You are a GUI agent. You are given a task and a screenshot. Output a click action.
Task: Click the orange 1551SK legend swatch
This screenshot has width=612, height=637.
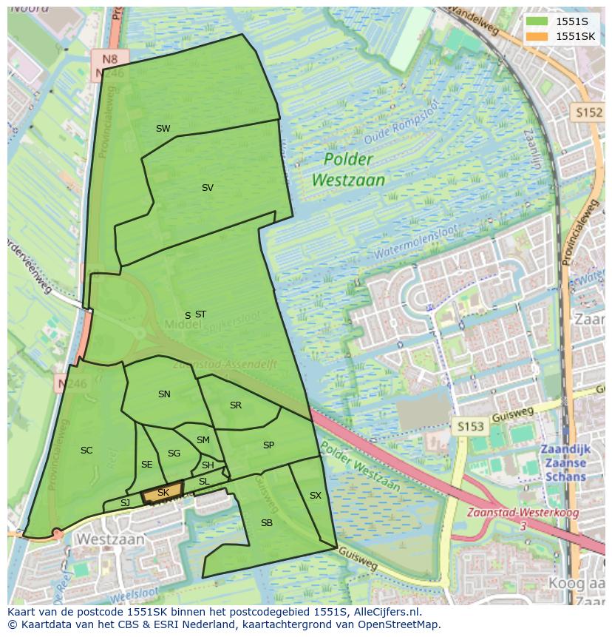[537, 36]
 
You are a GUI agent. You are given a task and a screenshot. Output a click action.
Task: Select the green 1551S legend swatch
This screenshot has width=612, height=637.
[537, 21]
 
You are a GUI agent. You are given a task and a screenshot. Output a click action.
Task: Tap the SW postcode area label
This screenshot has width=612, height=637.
[163, 129]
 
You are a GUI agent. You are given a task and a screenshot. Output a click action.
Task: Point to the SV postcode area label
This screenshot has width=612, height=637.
[208, 188]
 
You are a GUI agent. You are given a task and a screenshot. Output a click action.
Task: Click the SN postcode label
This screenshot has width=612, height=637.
[164, 394]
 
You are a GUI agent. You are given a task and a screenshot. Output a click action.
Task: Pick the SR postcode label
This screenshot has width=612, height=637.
[236, 405]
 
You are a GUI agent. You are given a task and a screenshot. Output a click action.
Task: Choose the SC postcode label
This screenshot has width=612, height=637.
[86, 451]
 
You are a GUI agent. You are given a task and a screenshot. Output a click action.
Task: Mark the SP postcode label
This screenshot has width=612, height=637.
[268, 445]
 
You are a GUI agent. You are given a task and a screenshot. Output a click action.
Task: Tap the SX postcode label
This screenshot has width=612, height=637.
[316, 496]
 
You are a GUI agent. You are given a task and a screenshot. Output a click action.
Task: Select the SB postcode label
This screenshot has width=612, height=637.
[267, 523]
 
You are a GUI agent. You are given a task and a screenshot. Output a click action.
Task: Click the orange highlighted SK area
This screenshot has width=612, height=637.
[163, 493]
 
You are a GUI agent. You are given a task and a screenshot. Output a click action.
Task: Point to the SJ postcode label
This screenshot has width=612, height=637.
[125, 503]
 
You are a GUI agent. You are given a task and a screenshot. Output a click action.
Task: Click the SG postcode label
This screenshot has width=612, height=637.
[174, 454]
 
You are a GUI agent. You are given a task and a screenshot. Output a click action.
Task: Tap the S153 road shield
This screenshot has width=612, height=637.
[470, 427]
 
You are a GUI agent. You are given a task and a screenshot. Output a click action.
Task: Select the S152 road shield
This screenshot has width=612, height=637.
[588, 112]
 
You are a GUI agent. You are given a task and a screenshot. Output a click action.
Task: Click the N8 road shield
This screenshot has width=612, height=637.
[110, 58]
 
